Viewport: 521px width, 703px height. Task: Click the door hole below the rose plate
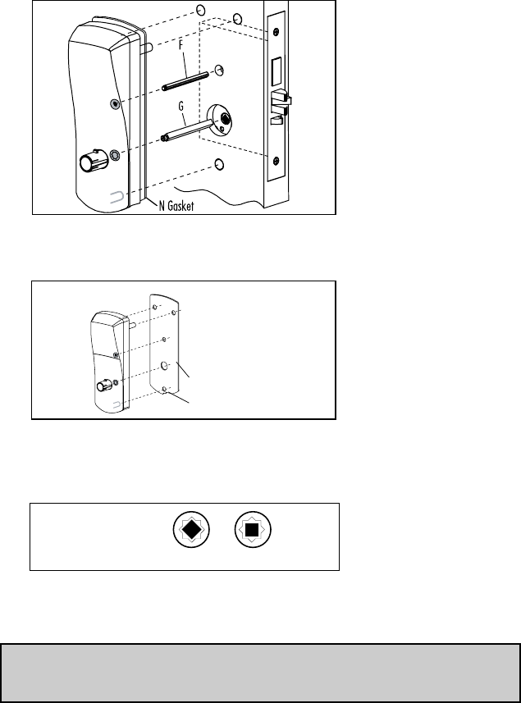click(219, 165)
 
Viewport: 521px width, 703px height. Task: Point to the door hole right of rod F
click(219, 71)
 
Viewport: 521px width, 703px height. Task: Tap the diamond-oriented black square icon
click(190, 530)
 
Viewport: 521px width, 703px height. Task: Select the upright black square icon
click(253, 530)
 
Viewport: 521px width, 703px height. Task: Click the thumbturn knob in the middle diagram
click(103, 386)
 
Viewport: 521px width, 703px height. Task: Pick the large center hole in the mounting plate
click(165, 363)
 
